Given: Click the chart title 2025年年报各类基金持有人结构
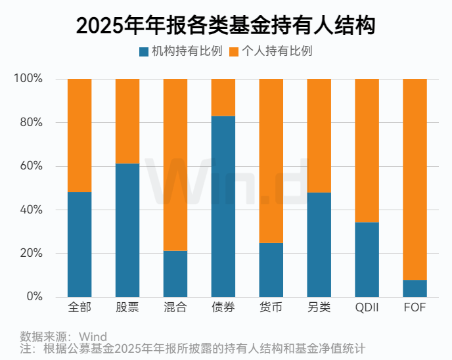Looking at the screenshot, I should click(x=225, y=25).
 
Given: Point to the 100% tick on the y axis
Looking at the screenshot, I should click(x=28, y=79).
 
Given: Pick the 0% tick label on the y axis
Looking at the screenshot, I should click(x=34, y=297).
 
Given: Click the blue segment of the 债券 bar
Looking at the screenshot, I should click(x=223, y=206).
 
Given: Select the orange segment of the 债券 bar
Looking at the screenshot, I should click(x=223, y=97).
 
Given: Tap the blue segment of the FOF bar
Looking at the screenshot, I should click(x=415, y=288).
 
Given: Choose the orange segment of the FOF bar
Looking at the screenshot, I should click(x=415, y=179).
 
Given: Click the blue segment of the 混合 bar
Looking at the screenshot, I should click(x=175, y=274).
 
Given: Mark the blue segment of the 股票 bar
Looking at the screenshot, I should click(x=127, y=230).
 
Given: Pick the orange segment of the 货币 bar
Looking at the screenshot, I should click(x=271, y=161).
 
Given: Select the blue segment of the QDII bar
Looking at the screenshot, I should click(x=367, y=259).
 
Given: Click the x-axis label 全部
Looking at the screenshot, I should click(x=79, y=308).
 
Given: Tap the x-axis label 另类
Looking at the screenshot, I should click(x=319, y=308).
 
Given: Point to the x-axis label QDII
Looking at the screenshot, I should click(x=367, y=308).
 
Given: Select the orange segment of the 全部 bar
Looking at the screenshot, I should click(x=79, y=135).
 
